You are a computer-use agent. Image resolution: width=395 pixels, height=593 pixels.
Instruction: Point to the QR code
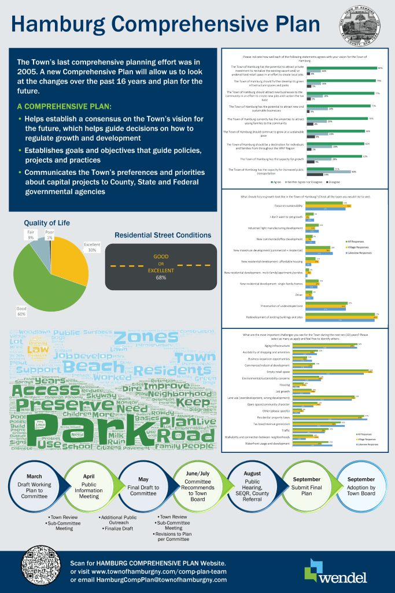click(x=42, y=569)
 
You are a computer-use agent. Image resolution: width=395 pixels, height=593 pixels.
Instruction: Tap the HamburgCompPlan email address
click(x=149, y=579)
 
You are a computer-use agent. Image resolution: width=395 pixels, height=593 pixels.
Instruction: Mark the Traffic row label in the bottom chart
click(x=285, y=430)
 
